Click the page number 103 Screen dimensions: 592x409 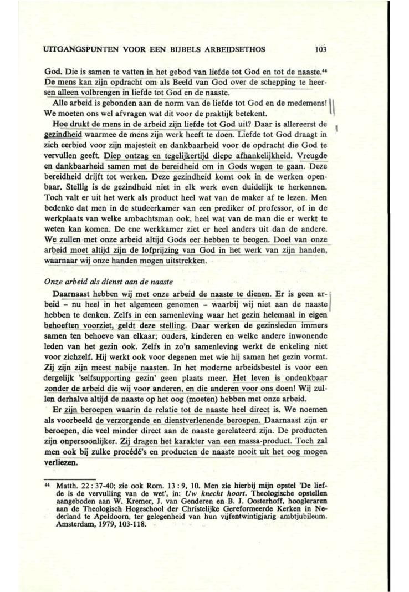coord(320,49)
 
